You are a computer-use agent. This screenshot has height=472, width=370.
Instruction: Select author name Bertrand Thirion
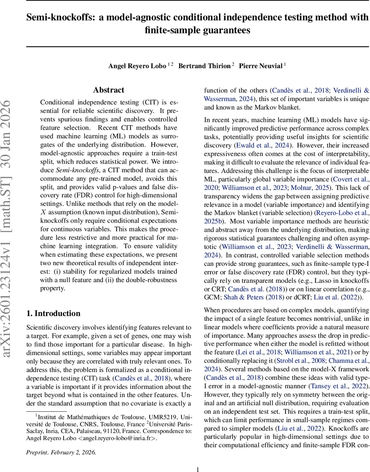(x=204, y=66)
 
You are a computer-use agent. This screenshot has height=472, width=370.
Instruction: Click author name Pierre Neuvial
(x=260, y=66)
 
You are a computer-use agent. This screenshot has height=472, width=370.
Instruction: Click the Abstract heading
(x=108, y=90)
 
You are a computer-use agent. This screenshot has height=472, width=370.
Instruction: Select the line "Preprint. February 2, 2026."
(x=61, y=441)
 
